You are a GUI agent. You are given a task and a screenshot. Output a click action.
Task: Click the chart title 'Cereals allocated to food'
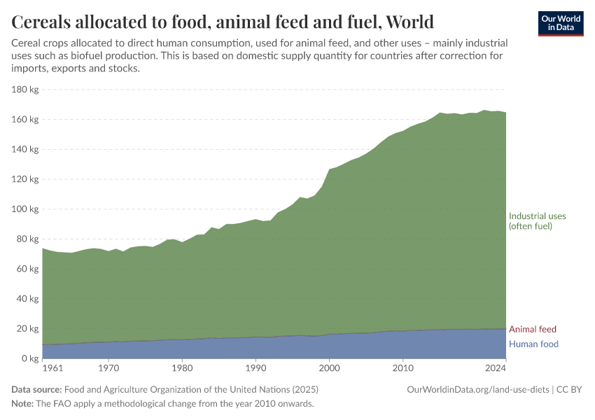coord(223,22)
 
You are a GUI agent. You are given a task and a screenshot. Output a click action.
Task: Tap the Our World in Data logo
coord(561,23)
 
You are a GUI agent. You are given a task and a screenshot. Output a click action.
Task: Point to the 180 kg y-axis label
coord(24,90)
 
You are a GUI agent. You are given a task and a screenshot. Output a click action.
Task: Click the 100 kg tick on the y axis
coord(24,209)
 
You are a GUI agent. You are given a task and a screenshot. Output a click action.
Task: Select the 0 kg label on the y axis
coord(29,358)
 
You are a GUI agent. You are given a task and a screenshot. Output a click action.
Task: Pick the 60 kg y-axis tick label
coord(27,269)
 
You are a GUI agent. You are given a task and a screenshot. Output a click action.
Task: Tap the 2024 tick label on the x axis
coord(496,367)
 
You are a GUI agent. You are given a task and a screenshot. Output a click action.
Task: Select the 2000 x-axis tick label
coord(329,367)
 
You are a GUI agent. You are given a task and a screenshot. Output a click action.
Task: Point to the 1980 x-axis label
coord(182,367)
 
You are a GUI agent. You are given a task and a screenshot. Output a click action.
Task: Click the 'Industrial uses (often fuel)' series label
coord(537,221)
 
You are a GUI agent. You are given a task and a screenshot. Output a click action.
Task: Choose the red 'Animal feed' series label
coord(533,330)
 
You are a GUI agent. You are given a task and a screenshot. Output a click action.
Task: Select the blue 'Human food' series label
coord(533,344)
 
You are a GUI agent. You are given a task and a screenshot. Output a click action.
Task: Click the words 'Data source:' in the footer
coord(36,389)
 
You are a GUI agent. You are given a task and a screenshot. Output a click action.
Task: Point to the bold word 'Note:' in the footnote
coord(23,404)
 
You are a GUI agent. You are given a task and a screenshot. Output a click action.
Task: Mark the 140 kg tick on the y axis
coord(24,150)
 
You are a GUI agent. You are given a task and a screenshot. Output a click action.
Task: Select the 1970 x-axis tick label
coord(108,367)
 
